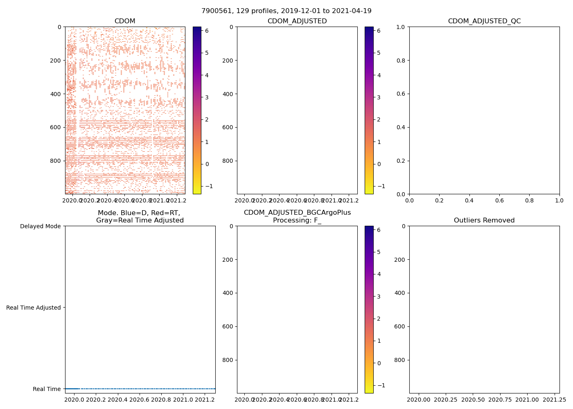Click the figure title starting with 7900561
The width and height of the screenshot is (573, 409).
286,11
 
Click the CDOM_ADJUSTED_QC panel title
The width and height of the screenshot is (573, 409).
484,21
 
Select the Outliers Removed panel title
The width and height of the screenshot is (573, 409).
484,220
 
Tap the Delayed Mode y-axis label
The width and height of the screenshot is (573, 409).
40,226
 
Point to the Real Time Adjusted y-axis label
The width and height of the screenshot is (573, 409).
34,308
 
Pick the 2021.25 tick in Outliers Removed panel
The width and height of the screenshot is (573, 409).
554,399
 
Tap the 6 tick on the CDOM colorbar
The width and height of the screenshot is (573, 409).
207,31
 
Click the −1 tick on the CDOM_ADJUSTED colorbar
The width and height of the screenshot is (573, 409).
378,186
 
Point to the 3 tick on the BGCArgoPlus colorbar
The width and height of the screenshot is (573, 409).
379,297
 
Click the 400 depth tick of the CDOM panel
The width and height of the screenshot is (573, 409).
56,94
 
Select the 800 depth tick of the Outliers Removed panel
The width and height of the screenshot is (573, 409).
400,360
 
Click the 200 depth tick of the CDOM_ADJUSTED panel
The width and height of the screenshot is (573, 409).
228,61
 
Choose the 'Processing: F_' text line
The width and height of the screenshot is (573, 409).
297,220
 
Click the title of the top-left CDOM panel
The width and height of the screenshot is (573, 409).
125,21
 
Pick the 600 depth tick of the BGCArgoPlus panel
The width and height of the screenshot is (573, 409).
228,326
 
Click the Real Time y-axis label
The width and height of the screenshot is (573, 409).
47,389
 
